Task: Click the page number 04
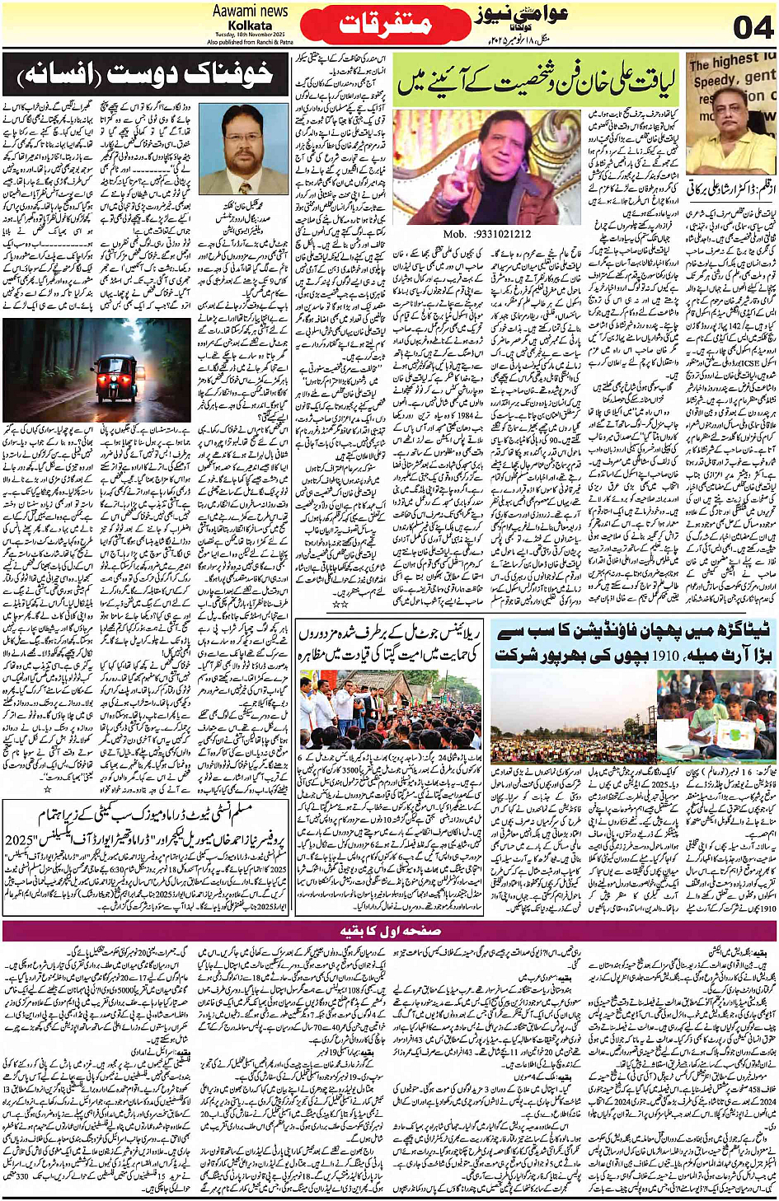753,26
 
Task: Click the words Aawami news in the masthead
250,11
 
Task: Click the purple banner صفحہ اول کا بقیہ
390,930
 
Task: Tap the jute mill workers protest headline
391,643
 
